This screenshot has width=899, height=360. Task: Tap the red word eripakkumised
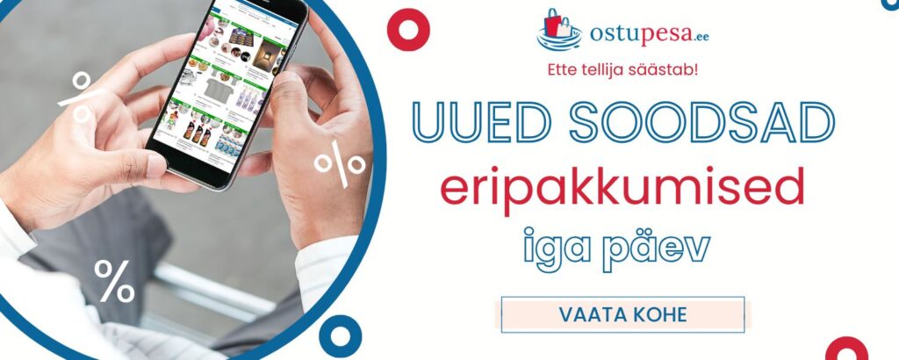point(622,187)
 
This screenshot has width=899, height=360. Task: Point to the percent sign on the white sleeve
point(114,281)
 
